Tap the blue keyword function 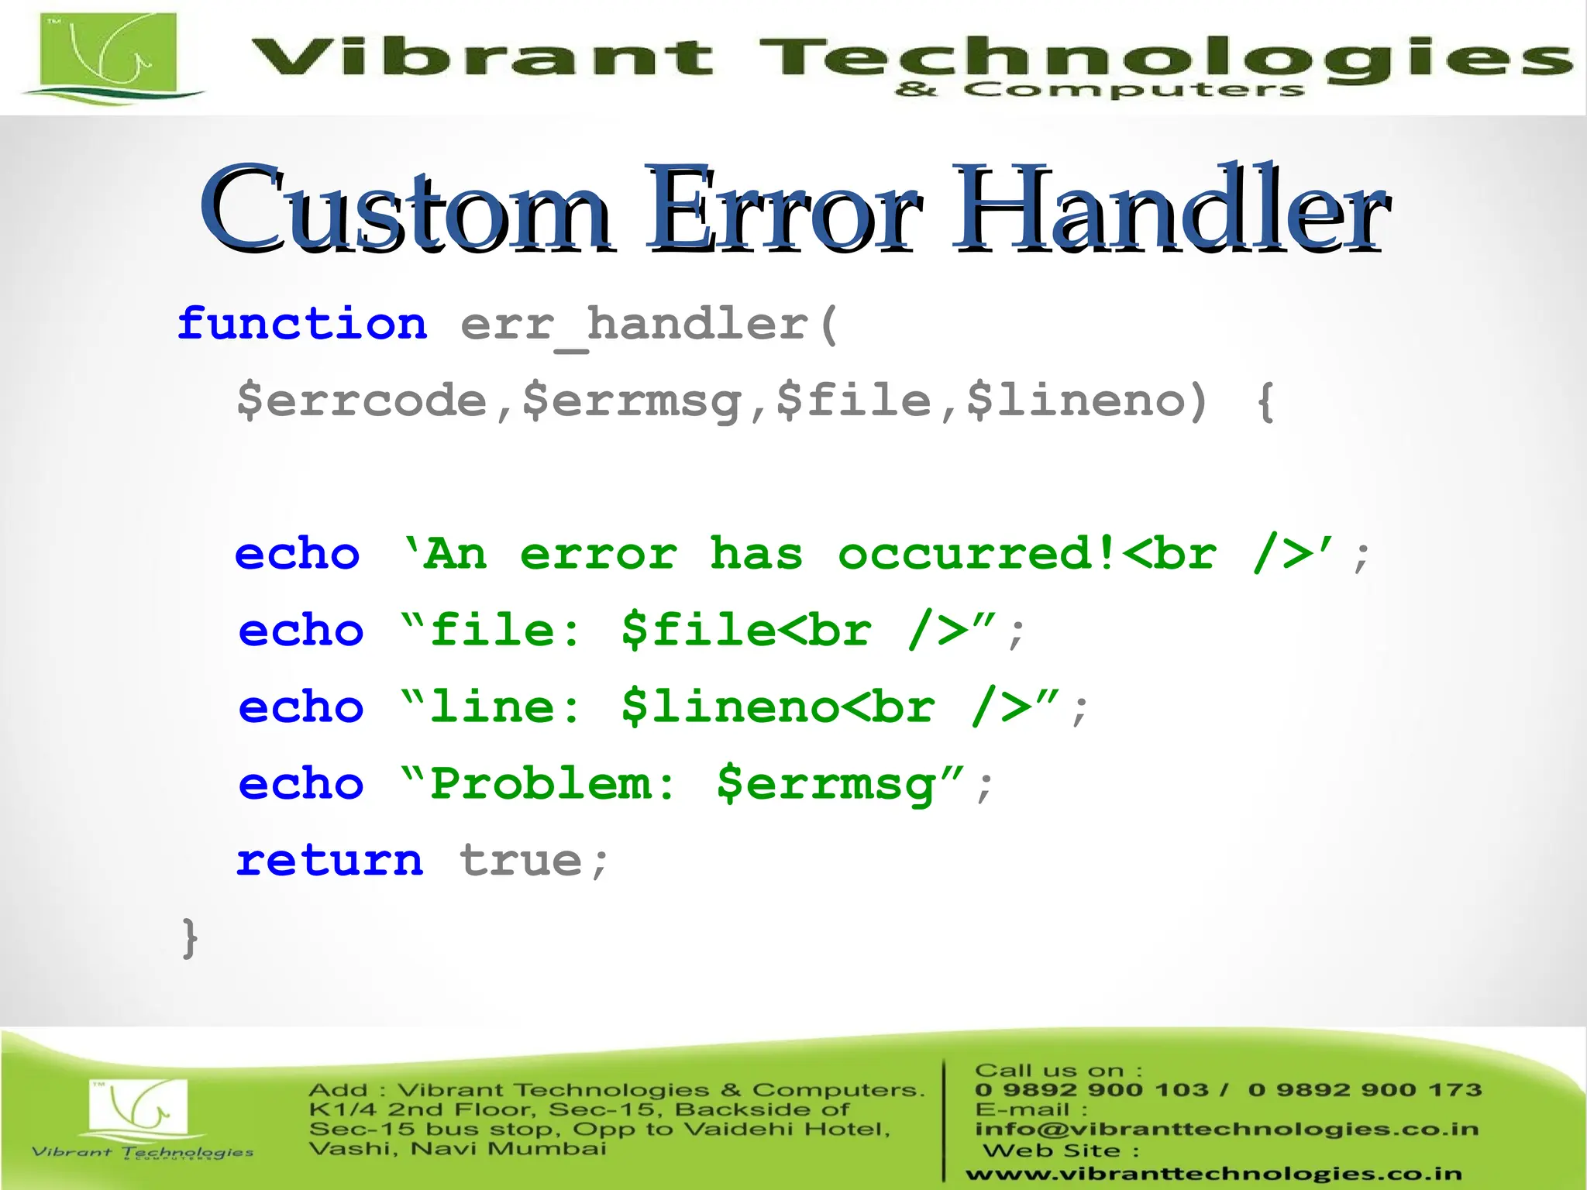pyautogui.click(x=302, y=324)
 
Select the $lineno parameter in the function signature pyautogui.click(x=1077, y=401)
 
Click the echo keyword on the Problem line pyautogui.click(x=301, y=784)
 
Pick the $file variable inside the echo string pyautogui.click(x=697, y=631)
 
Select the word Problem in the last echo pyautogui.click(x=542, y=784)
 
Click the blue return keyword pyautogui.click(x=330, y=861)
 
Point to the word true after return pyautogui.click(x=521, y=861)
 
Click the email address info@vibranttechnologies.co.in pyautogui.click(x=1227, y=1129)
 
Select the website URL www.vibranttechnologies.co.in pyautogui.click(x=1213, y=1175)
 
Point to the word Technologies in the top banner pyautogui.click(x=1162, y=59)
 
